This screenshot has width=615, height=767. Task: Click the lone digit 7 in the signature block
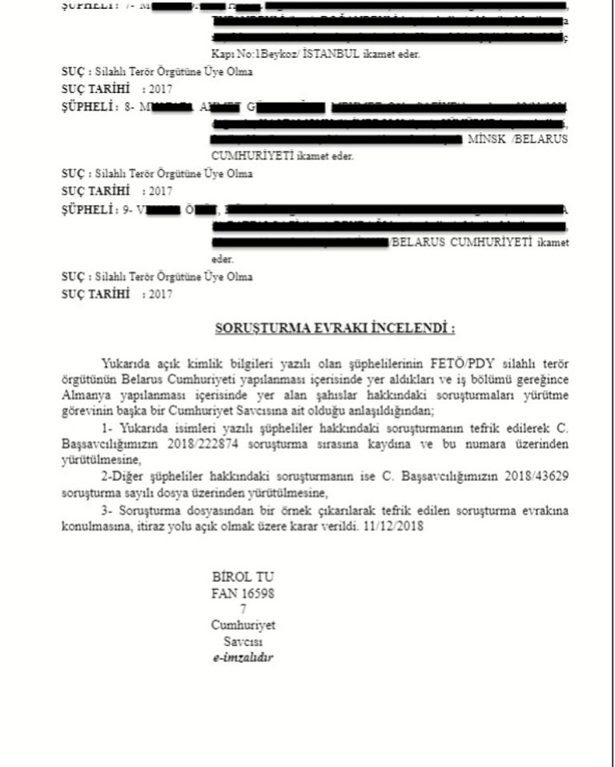click(243, 609)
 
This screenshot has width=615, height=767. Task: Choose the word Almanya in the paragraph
click(86, 394)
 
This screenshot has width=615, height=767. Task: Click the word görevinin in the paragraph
click(85, 410)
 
